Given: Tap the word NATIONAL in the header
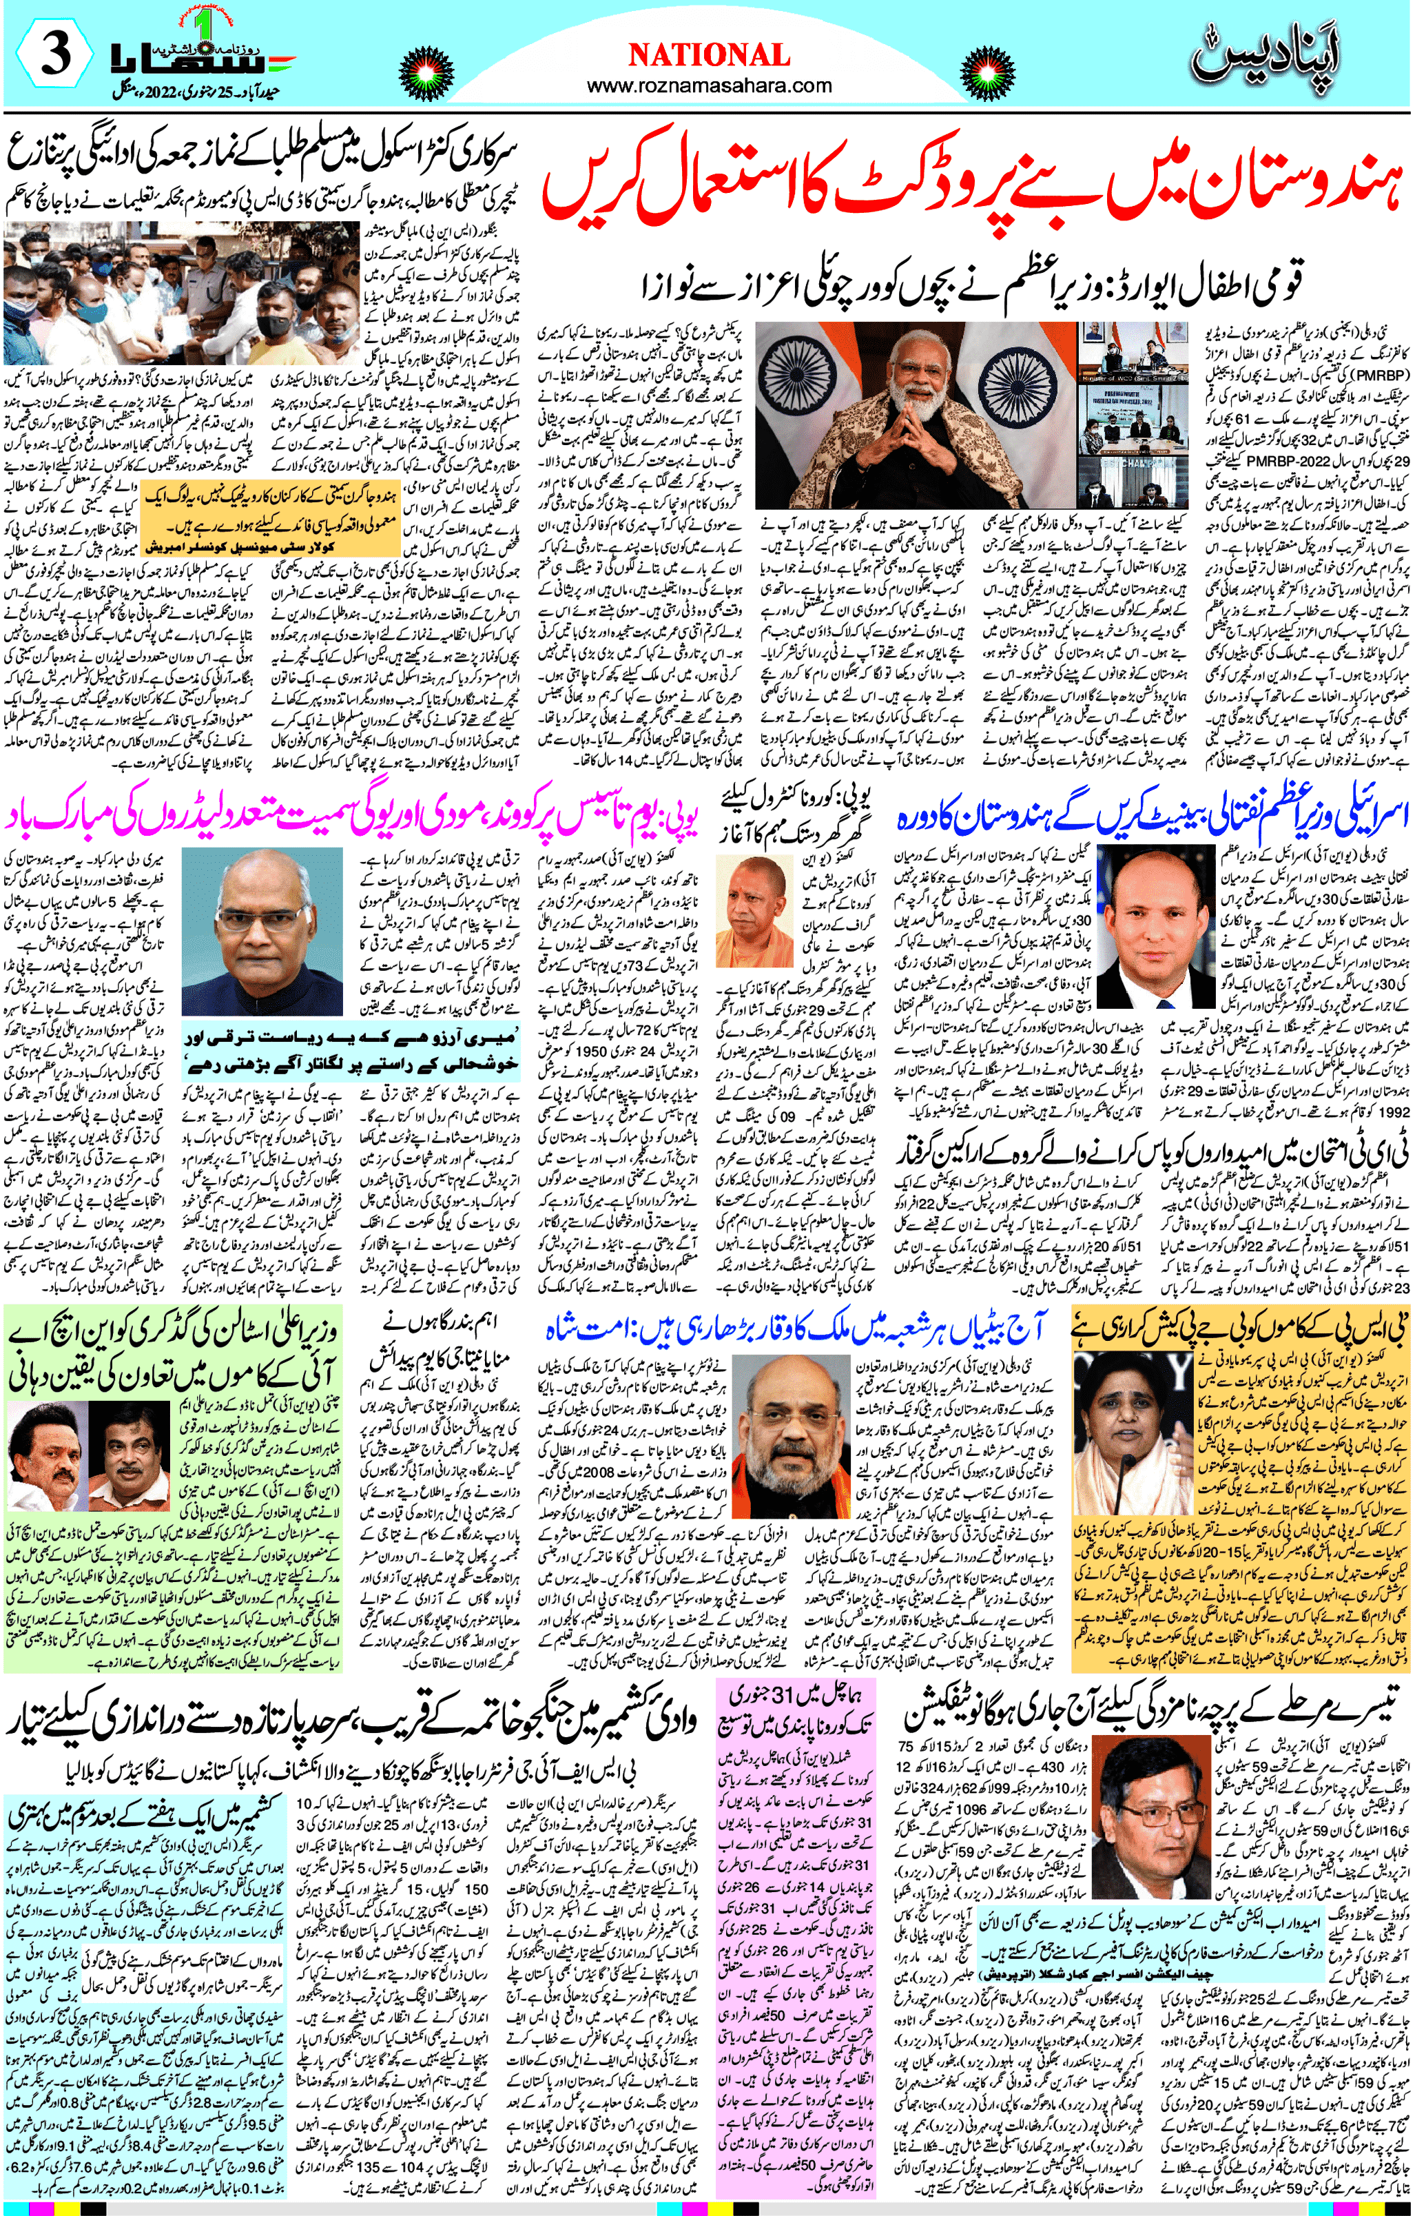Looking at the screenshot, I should tap(708, 55).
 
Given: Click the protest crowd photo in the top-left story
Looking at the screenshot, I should tap(179, 294).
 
